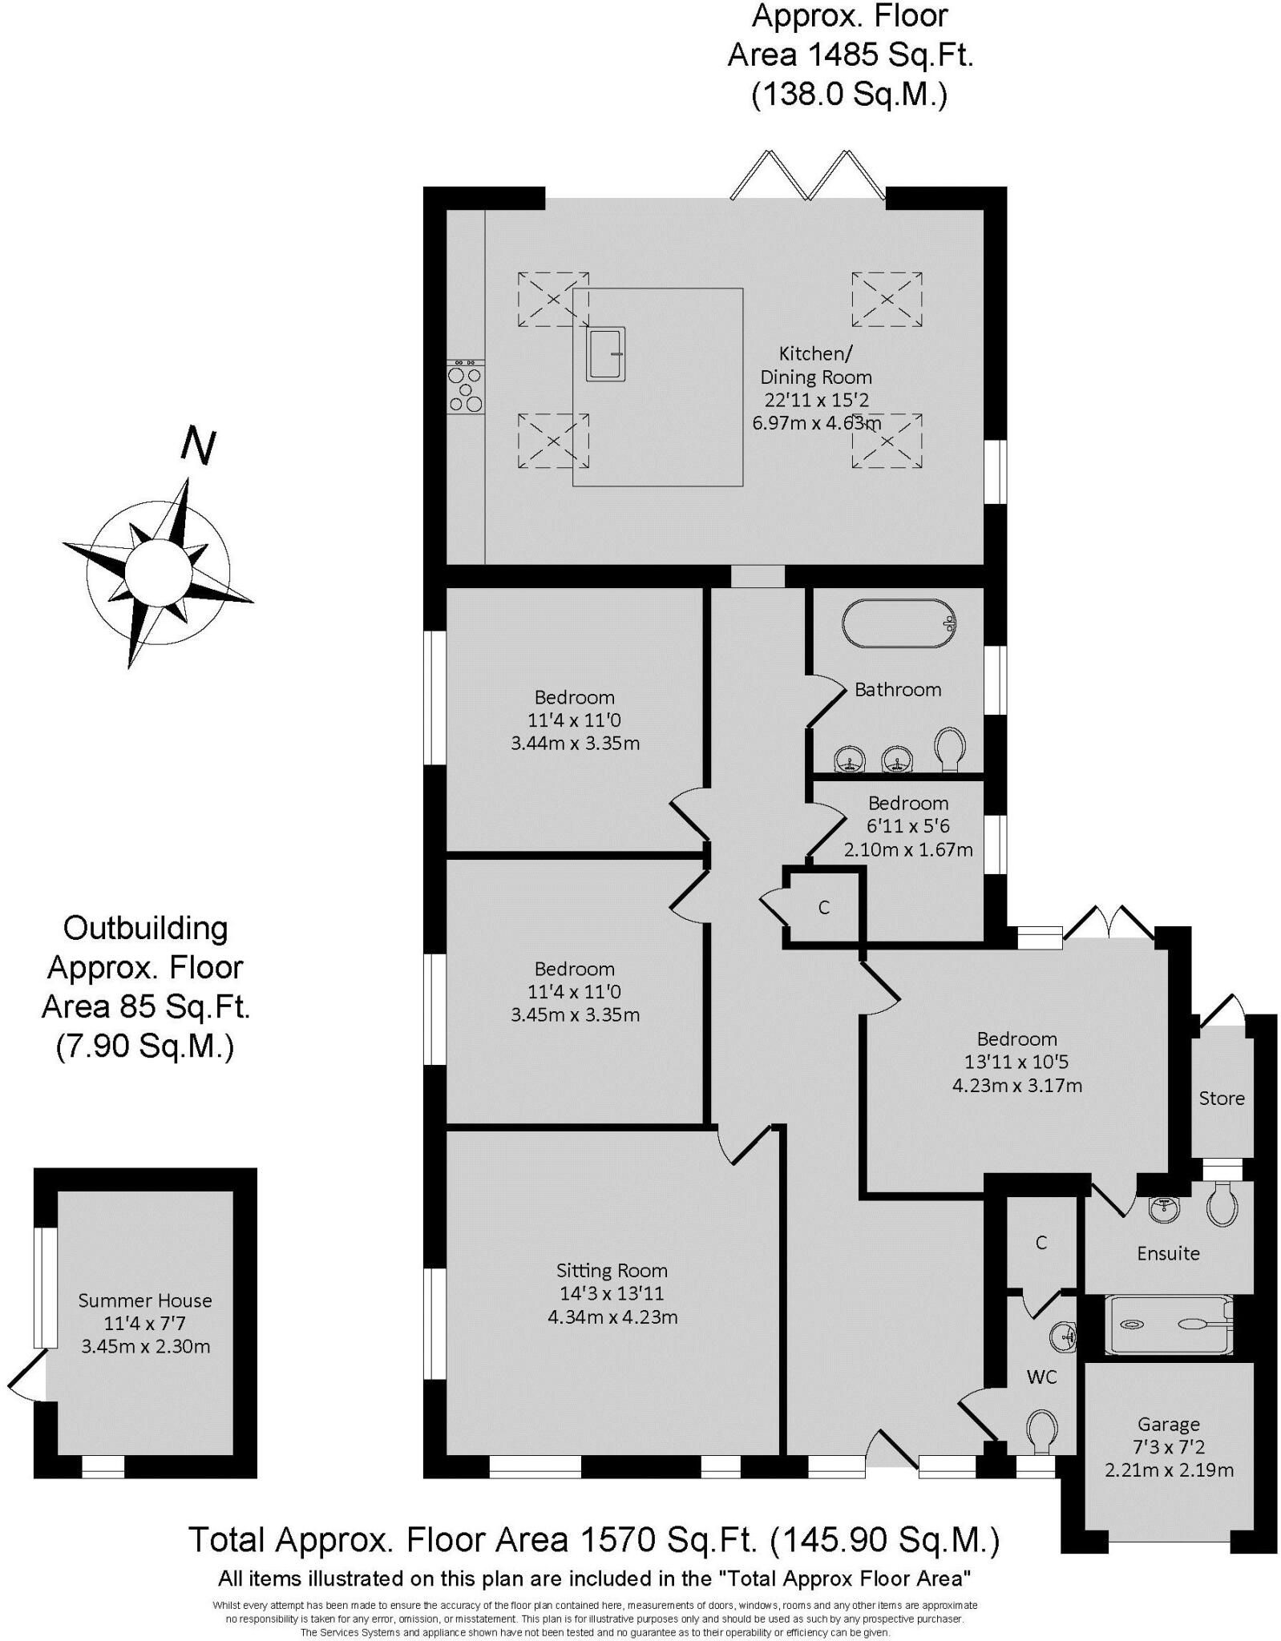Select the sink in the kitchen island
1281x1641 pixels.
pos(605,353)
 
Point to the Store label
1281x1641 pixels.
pos(1221,1099)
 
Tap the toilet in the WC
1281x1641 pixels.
pos(1041,1430)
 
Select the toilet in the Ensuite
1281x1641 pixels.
pos(1221,1205)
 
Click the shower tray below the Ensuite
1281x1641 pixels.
pos(1167,1324)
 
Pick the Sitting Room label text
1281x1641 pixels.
pos(612,1271)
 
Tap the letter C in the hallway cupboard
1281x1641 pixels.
pos(823,907)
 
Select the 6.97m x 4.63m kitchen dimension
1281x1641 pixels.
pos(816,423)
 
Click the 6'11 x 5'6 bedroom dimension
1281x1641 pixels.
pos(907,826)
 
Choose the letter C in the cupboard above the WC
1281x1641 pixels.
pos(1041,1243)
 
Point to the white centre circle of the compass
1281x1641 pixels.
pos(158,572)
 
